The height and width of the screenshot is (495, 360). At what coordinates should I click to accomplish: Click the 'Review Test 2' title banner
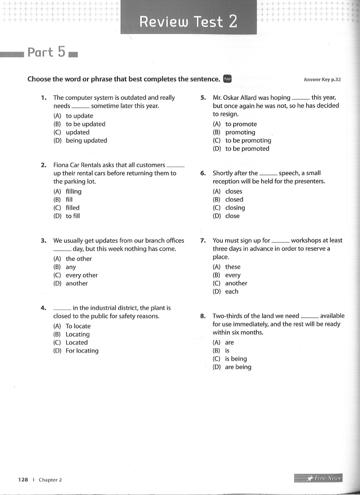[x=188, y=22]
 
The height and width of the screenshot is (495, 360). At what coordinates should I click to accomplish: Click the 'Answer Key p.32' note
[x=322, y=80]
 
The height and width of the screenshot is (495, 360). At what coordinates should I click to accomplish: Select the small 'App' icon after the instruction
[x=227, y=79]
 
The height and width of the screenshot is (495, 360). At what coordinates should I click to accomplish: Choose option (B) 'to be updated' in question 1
[x=85, y=124]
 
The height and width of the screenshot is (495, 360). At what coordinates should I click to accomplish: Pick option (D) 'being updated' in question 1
[x=86, y=141]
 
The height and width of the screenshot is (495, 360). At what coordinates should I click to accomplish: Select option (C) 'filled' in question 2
[x=72, y=208]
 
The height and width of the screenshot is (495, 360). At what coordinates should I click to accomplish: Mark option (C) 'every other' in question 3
[x=81, y=275]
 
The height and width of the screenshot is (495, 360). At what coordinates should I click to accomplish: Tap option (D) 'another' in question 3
[x=77, y=283]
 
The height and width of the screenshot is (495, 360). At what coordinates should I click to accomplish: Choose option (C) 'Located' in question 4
[x=77, y=343]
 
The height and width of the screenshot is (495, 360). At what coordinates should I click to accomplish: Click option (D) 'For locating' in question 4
[x=82, y=351]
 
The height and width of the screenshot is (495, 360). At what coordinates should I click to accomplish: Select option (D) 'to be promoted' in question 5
[x=247, y=149]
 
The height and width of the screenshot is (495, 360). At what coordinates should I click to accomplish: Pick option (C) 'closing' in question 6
[x=235, y=208]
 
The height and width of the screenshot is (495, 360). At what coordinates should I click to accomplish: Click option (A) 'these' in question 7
[x=233, y=267]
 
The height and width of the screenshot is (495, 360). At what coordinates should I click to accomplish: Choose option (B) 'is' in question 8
[x=227, y=351]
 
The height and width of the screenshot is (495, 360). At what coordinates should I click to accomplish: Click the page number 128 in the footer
[x=23, y=479]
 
